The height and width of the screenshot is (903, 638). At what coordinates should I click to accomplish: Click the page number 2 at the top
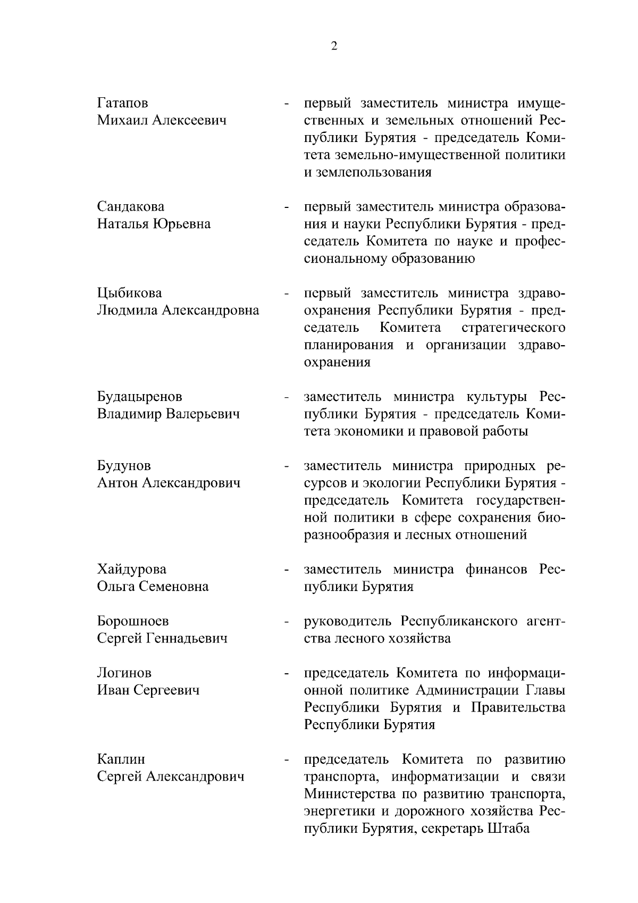click(x=334, y=46)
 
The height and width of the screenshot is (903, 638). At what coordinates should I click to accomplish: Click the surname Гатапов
click(x=122, y=103)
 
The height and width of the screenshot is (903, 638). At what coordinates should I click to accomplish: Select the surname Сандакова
click(x=130, y=206)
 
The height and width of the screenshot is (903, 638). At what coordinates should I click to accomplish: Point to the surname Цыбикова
click(x=129, y=293)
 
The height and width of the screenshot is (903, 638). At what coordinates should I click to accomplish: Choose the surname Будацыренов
click(x=139, y=397)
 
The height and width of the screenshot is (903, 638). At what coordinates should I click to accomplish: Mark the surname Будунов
click(x=123, y=466)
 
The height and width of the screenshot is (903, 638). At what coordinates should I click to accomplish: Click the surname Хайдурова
click(x=131, y=570)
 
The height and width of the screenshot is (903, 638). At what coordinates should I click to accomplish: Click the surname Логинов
click(x=124, y=673)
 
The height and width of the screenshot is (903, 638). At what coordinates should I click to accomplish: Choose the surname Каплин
click(x=121, y=759)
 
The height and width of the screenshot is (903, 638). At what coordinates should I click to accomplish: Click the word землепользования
click(x=367, y=172)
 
